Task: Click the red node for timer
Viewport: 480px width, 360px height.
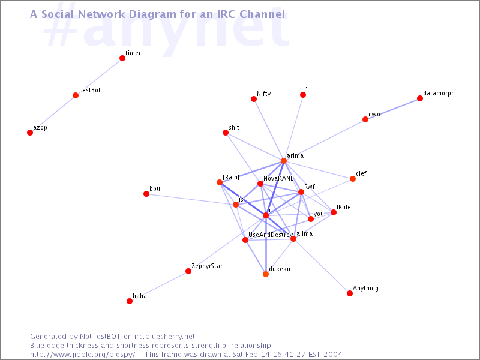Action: (x=122, y=58)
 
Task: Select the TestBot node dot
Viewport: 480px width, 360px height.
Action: (x=76, y=95)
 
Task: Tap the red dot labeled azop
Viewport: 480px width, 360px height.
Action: (x=30, y=133)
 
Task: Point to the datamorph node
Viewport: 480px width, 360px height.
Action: (x=420, y=98)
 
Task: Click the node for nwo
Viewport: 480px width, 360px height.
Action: (x=365, y=119)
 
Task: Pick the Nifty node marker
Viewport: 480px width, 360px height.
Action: (x=254, y=99)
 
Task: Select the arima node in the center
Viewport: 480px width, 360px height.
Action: (x=284, y=161)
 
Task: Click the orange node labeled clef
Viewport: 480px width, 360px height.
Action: (x=353, y=179)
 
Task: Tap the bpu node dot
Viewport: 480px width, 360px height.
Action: (x=146, y=194)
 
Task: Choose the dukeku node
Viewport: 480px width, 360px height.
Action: (x=266, y=274)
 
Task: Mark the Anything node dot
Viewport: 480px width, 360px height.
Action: (x=350, y=293)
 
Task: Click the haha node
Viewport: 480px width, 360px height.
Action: (x=130, y=301)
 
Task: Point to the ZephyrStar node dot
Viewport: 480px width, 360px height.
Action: (x=188, y=271)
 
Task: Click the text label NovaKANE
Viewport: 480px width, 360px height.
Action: (x=278, y=178)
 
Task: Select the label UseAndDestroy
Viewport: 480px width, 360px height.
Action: (x=270, y=235)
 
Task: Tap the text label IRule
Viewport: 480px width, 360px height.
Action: (x=344, y=207)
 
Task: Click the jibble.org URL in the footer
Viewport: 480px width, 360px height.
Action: (x=83, y=355)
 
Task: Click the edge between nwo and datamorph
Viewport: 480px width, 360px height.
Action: (x=393, y=109)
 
